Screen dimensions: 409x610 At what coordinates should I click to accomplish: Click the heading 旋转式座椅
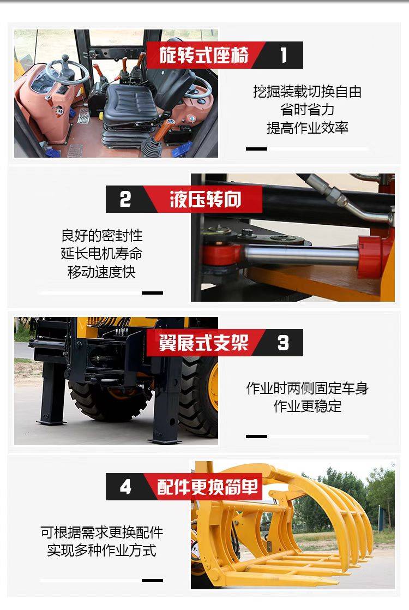pos(204,55)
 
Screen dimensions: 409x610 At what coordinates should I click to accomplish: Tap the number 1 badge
pos(284,55)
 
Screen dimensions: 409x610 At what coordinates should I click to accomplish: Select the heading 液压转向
pos(205,199)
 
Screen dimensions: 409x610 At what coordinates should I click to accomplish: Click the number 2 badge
pos(125,199)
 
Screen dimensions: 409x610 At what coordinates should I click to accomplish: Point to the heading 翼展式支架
pos(203,342)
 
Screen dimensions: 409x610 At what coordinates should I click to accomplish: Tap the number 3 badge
pos(283,343)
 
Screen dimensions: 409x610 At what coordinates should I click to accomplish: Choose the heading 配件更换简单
pos(208,486)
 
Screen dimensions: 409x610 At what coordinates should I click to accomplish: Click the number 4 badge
pos(125,487)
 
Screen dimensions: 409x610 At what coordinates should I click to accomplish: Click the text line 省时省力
pos(307,110)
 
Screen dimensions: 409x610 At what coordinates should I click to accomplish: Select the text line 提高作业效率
pos(307,128)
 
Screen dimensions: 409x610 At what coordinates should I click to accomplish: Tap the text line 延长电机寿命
pos(101,253)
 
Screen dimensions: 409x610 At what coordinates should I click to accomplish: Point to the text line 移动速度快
pos(101,272)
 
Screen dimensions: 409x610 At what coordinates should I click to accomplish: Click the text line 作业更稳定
pos(307,406)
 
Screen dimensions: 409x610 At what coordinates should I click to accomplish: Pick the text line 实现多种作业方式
pos(101,550)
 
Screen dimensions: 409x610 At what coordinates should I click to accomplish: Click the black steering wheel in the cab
pos(67,70)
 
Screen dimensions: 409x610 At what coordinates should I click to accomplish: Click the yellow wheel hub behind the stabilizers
pos(213,386)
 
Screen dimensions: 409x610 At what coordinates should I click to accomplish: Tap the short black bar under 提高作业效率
pos(257,149)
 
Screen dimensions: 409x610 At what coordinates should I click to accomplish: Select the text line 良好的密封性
pos(101,235)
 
